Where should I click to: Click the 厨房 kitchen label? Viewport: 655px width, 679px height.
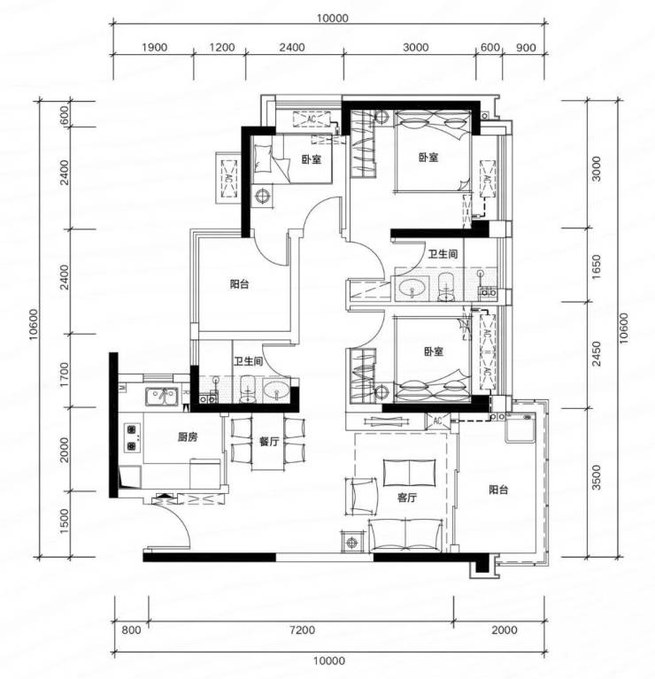(188, 437)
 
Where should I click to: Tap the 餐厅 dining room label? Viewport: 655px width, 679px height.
(269, 441)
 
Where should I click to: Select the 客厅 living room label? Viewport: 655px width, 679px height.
(407, 498)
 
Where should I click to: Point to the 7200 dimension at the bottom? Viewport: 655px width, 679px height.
(302, 629)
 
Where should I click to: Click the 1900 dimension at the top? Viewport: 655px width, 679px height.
(154, 47)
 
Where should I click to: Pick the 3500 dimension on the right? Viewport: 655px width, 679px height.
(597, 477)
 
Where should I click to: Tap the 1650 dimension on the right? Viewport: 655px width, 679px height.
(597, 266)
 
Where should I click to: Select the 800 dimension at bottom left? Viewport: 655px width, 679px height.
(131, 629)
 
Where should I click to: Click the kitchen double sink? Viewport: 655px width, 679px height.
(161, 397)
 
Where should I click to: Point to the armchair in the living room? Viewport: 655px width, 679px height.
(361, 497)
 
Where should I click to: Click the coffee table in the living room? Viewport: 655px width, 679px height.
(409, 473)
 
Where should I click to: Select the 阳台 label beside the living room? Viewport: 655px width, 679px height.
(498, 490)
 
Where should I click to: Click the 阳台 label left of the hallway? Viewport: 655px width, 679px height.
(239, 284)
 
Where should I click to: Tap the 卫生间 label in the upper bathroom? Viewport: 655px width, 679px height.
(443, 254)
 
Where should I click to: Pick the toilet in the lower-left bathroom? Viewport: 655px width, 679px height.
(248, 389)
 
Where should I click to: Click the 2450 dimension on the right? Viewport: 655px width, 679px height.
(597, 354)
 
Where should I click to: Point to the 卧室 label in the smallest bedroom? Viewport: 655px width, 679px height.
(312, 159)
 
